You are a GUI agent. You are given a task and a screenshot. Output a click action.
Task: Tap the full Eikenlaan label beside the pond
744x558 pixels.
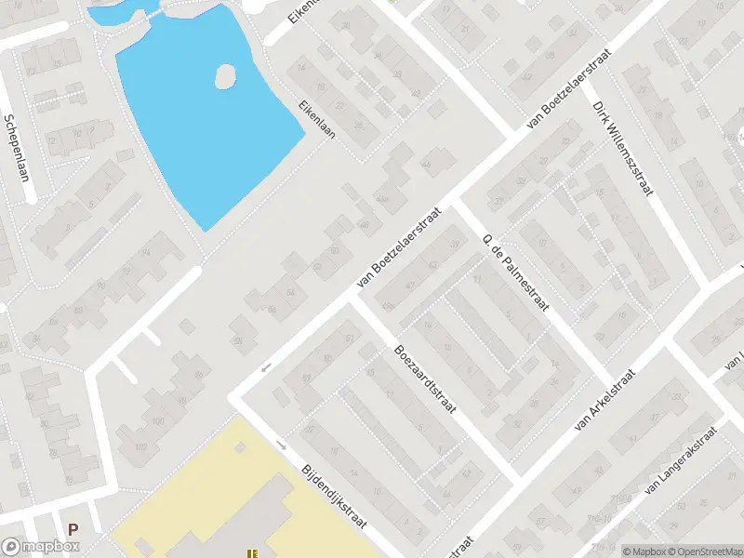tap(317, 119)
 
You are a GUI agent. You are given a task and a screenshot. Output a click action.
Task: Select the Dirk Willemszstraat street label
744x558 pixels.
tap(623, 149)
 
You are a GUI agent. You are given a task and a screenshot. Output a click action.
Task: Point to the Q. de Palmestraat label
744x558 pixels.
tap(516, 274)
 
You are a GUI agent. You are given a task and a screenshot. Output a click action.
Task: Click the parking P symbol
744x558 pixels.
tap(73, 528)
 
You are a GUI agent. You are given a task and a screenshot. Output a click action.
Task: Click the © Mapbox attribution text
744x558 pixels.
tap(644, 551)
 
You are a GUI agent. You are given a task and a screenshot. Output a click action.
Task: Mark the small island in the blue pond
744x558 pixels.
tap(224, 76)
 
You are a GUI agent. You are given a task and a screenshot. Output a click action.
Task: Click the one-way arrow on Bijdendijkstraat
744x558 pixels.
tap(280, 444)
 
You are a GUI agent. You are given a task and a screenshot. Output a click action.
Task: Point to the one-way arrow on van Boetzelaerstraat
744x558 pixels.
tap(267, 366)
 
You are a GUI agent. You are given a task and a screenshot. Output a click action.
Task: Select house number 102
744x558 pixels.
tap(142, 447)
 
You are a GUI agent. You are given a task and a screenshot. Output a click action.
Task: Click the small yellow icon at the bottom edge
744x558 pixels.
tap(251, 553)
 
